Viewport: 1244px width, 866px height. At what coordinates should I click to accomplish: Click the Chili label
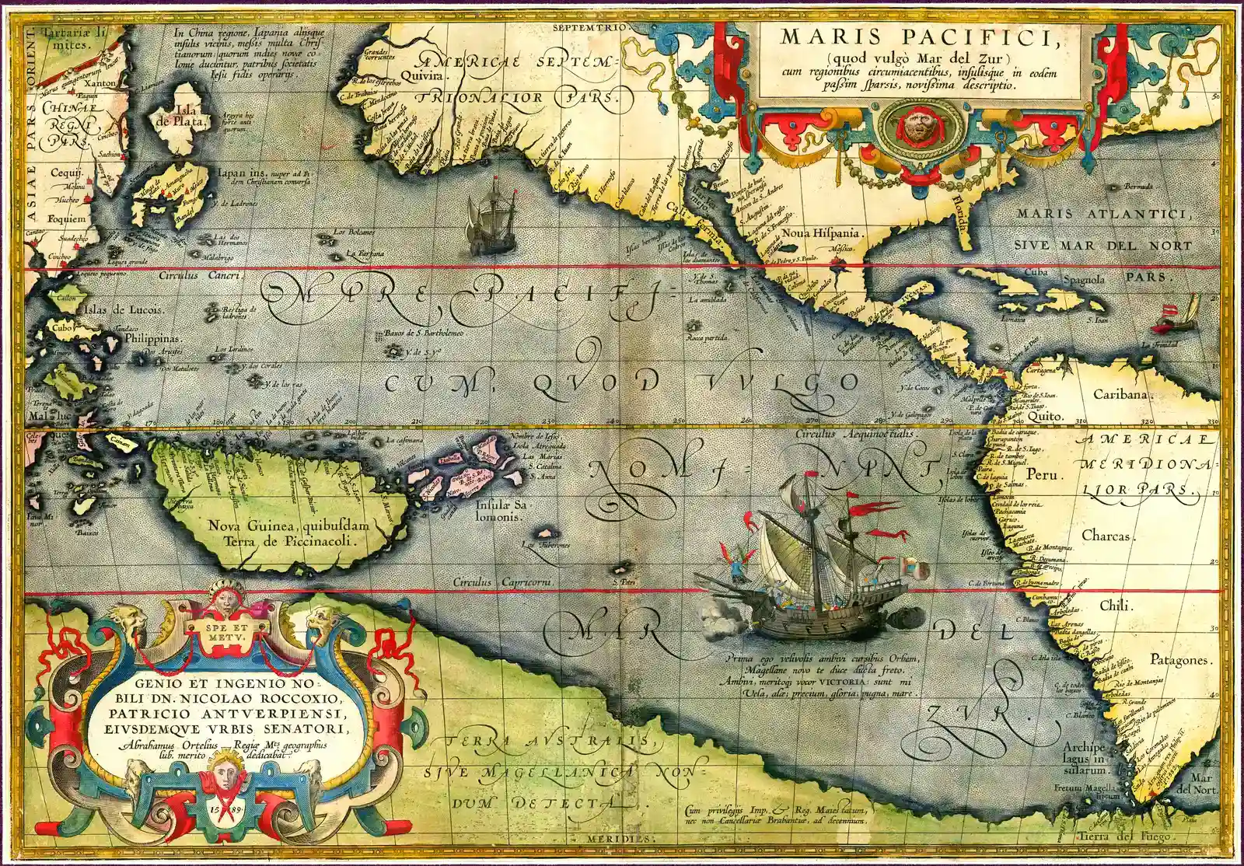1116,606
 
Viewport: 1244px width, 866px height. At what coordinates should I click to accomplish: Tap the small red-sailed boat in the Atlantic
1186,313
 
